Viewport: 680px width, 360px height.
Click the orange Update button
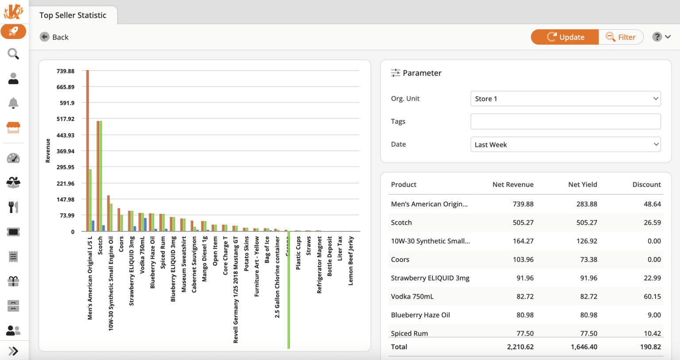tap(565, 37)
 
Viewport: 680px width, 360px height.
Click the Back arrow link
tap(54, 37)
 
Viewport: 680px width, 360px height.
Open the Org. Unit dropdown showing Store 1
tap(565, 99)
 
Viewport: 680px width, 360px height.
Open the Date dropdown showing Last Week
tap(565, 144)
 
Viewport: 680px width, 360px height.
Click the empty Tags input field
tap(565, 121)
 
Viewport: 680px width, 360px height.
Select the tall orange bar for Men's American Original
tap(88, 151)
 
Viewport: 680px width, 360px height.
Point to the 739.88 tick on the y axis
tap(66, 71)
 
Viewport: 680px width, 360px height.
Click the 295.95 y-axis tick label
tap(66, 167)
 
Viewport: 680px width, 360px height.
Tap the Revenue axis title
tap(48, 151)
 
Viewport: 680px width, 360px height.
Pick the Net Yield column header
tap(582, 185)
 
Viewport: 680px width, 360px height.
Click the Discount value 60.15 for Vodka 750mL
tap(652, 297)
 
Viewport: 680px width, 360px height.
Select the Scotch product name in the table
tap(401, 223)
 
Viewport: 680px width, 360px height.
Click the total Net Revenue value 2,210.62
tap(520, 347)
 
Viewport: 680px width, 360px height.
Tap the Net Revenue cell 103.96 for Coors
tap(523, 259)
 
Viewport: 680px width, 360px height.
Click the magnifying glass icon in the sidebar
tap(13, 54)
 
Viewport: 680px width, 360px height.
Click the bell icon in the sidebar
tap(13, 103)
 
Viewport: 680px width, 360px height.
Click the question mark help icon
tap(657, 37)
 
